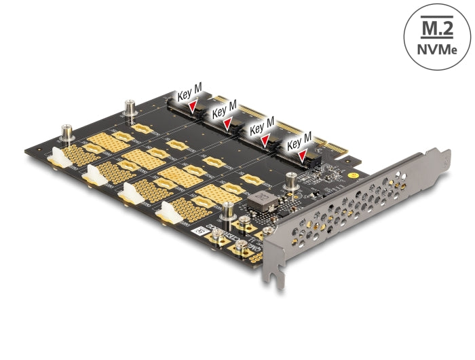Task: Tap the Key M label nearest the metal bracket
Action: [299, 140]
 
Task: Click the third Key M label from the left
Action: [263, 126]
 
